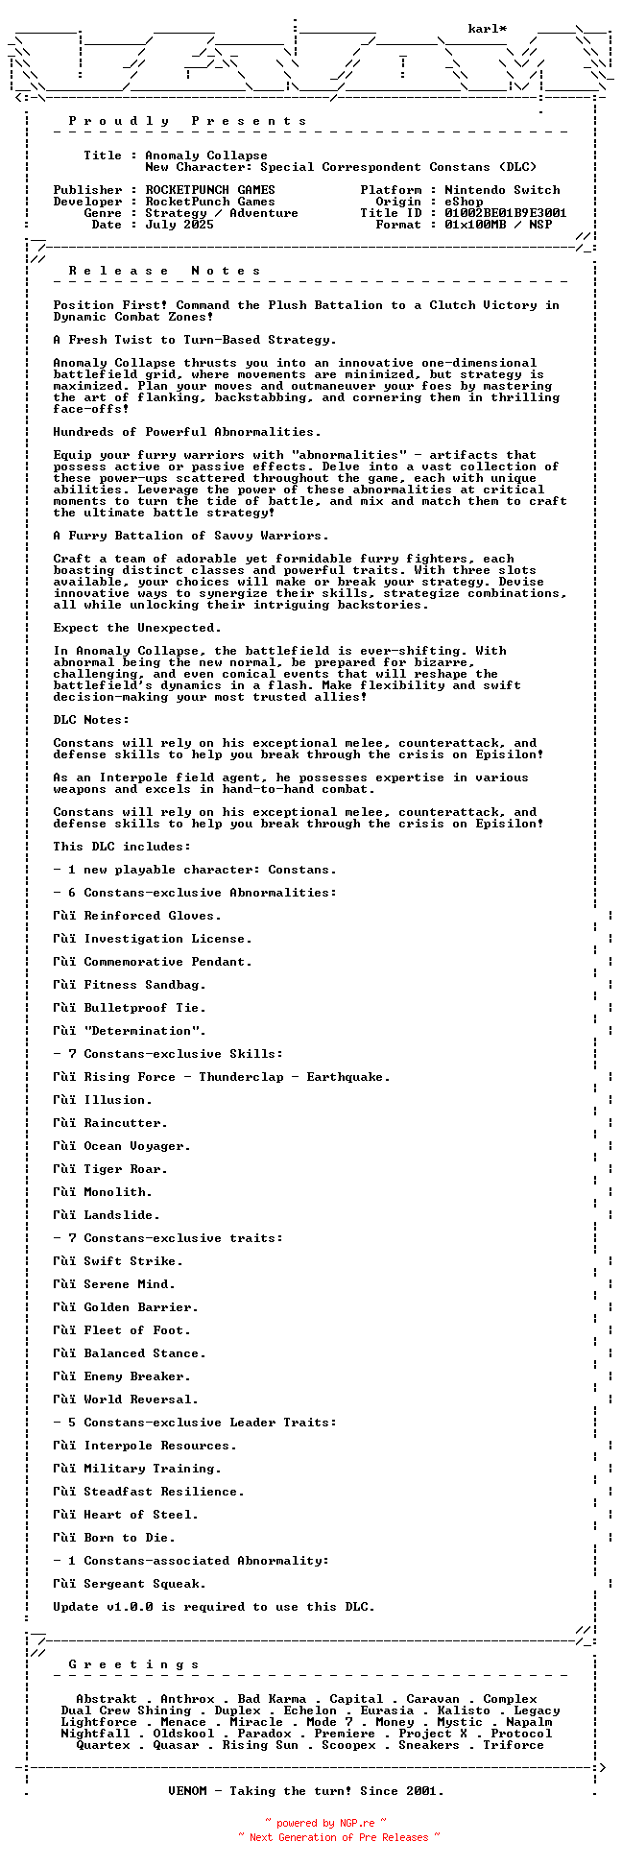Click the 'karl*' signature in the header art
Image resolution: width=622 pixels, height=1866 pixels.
(488, 29)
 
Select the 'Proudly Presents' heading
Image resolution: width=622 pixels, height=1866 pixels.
(187, 121)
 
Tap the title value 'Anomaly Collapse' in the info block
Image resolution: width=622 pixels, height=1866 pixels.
(206, 155)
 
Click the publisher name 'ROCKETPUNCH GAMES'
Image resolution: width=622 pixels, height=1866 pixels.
(210, 190)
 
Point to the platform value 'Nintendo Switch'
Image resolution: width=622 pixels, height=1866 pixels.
(502, 190)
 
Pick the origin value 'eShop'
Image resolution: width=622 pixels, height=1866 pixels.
(464, 202)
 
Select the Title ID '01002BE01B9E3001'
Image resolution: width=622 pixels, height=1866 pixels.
(505, 213)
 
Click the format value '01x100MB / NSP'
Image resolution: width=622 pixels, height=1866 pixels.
(498, 225)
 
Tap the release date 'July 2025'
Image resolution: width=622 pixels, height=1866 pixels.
(179, 225)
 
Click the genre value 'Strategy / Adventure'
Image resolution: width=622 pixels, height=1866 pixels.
(222, 213)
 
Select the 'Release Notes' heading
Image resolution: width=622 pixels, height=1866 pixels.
(164, 271)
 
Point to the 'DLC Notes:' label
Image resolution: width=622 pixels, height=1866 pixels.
(91, 720)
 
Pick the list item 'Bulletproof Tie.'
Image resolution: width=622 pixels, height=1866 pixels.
(145, 1008)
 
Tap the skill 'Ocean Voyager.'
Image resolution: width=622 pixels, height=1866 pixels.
(137, 1146)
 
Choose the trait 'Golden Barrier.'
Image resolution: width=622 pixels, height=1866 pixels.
(141, 1307)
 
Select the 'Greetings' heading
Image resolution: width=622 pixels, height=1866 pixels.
(133, 1664)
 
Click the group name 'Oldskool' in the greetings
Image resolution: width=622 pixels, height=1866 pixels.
(183, 1734)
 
